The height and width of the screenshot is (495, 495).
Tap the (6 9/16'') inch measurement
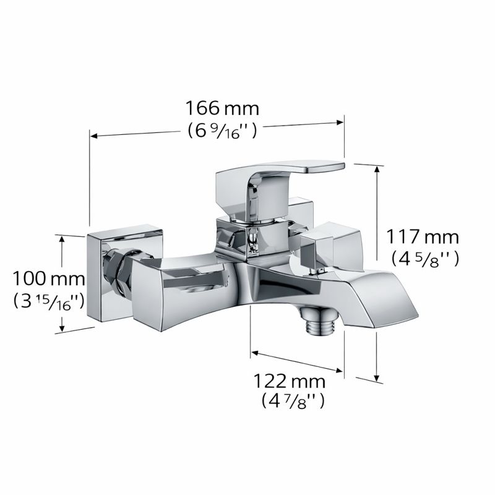click(x=222, y=131)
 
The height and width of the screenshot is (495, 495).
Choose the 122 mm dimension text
click(x=290, y=380)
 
